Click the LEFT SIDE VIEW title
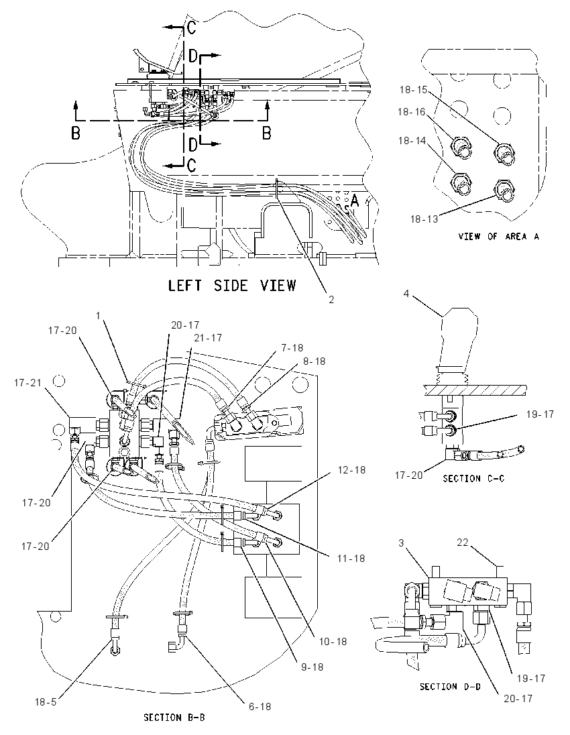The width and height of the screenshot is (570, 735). point(232,285)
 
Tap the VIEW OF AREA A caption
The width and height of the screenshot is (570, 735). point(498,237)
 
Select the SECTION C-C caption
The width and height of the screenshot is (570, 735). point(473,479)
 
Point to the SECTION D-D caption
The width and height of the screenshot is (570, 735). point(450,686)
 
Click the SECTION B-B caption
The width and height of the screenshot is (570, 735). point(174,717)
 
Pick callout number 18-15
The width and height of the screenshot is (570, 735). point(414,90)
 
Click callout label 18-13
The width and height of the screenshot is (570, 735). point(424,219)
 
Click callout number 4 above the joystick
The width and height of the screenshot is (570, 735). point(406,294)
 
